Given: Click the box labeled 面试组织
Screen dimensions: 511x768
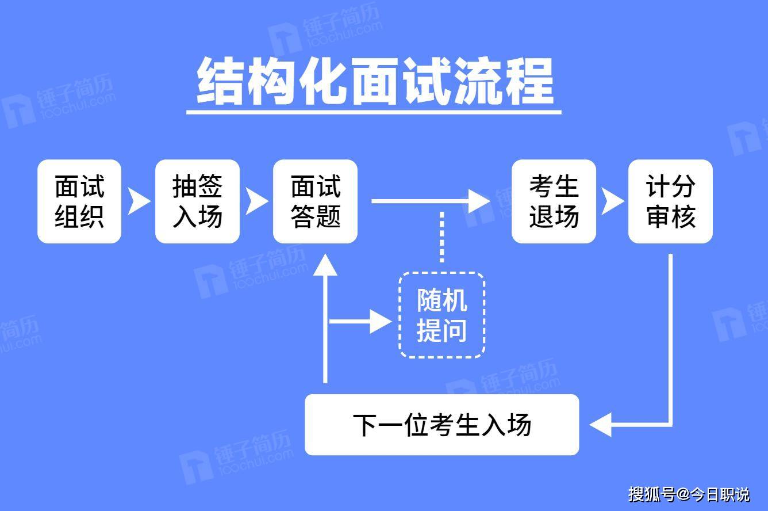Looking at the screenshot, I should [x=79, y=201].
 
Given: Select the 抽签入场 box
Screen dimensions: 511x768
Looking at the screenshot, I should [x=197, y=201].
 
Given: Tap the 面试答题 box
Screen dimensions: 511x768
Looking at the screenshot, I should [x=315, y=201].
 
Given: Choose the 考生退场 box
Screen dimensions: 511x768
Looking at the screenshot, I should [x=554, y=201].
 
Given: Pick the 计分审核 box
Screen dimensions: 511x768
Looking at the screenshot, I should [x=670, y=201].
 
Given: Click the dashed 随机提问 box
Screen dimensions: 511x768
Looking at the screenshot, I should [x=441, y=315].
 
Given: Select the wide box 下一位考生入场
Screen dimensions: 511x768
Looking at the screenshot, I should [x=441, y=425].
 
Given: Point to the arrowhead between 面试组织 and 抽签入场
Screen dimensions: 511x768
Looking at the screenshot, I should [x=137, y=201].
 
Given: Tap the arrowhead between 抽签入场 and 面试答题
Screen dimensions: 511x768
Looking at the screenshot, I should [x=256, y=201].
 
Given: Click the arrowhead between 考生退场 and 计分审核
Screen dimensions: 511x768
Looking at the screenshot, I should [x=612, y=201].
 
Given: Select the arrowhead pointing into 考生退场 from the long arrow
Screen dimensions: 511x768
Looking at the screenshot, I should [x=479, y=201].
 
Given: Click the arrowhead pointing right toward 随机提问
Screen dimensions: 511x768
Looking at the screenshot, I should [x=381, y=321].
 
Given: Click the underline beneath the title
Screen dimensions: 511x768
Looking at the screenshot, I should [x=374, y=111].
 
